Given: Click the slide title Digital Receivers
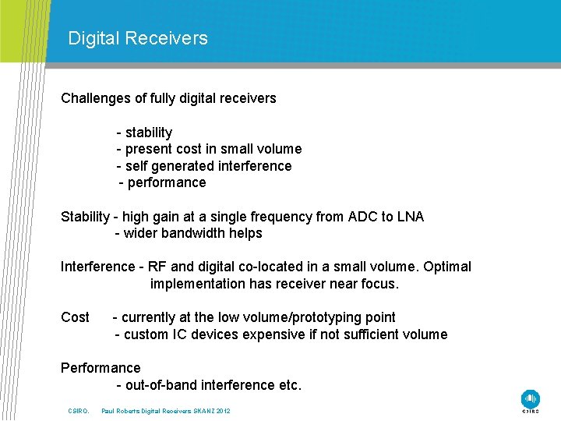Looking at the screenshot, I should (x=138, y=38).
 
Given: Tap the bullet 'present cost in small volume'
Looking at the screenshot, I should (x=213, y=149).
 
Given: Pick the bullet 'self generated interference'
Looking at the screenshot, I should (x=208, y=166).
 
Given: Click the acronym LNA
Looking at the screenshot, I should (x=410, y=217).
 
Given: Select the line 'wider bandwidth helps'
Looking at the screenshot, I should (x=192, y=233).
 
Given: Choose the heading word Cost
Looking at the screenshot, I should (x=75, y=317).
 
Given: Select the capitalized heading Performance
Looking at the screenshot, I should (x=101, y=368).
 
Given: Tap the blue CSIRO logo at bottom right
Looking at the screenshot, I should (x=531, y=398).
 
